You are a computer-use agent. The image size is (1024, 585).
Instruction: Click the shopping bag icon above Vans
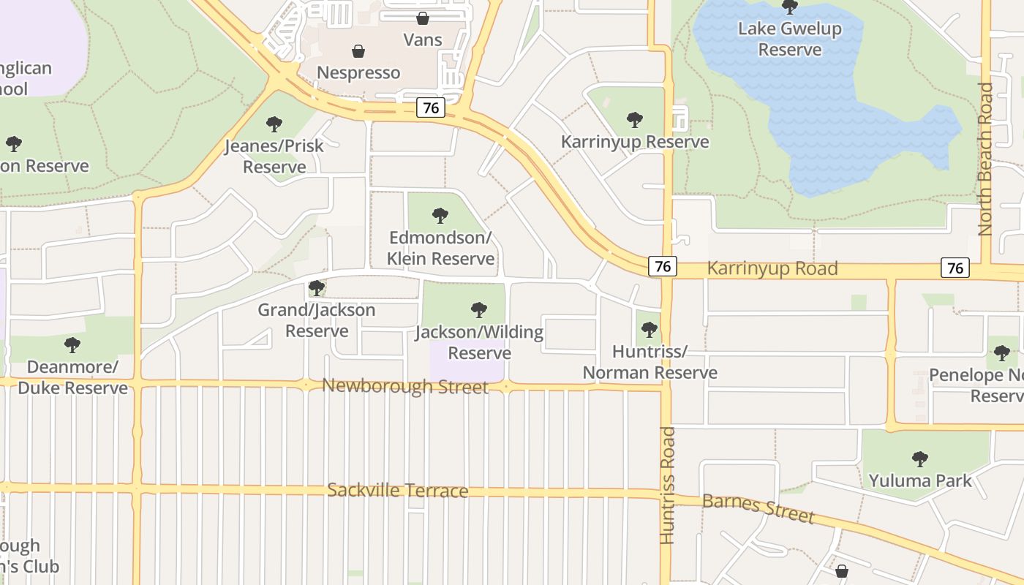coord(423,18)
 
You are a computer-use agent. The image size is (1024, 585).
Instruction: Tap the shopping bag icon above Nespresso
coord(358,51)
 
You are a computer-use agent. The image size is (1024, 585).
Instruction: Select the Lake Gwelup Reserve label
coord(790,39)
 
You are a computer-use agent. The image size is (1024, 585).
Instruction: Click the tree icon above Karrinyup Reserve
coord(635,119)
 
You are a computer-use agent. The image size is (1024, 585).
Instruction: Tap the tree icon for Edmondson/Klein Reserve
coord(440,216)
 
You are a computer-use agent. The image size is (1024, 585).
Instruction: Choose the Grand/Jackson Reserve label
coord(317,320)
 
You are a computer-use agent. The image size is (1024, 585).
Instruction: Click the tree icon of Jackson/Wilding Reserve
coord(479,310)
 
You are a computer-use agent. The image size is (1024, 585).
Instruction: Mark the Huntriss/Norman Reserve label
coord(650,362)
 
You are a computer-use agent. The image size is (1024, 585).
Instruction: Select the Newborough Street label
coord(405,385)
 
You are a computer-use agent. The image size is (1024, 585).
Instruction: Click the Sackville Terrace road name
coord(397,490)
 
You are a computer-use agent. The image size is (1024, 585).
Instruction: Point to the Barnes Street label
coord(758,508)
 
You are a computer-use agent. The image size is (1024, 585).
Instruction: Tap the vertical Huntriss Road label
coord(667,486)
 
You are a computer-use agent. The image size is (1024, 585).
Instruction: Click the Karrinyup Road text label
coord(772,268)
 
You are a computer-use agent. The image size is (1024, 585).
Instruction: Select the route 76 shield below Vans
coord(431,107)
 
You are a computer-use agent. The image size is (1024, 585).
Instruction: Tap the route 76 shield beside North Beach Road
coord(955,268)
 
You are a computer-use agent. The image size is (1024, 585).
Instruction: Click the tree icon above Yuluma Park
coord(920,459)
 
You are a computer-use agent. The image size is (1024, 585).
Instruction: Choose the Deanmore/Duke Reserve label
coord(72,377)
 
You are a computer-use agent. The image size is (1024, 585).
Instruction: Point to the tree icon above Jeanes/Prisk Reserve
coord(274,124)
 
